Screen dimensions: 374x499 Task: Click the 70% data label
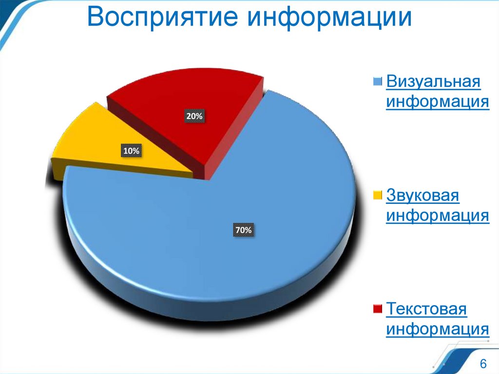[x=244, y=230]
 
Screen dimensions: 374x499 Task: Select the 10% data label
[x=131, y=152]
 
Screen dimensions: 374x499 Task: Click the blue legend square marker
[x=378, y=81]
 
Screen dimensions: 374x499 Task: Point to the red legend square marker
[x=378, y=309]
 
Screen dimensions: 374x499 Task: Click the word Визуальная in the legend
[x=434, y=81]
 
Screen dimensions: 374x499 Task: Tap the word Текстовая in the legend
[x=427, y=309]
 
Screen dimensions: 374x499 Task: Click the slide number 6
[x=483, y=364]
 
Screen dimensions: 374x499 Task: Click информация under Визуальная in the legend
[x=438, y=102]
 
